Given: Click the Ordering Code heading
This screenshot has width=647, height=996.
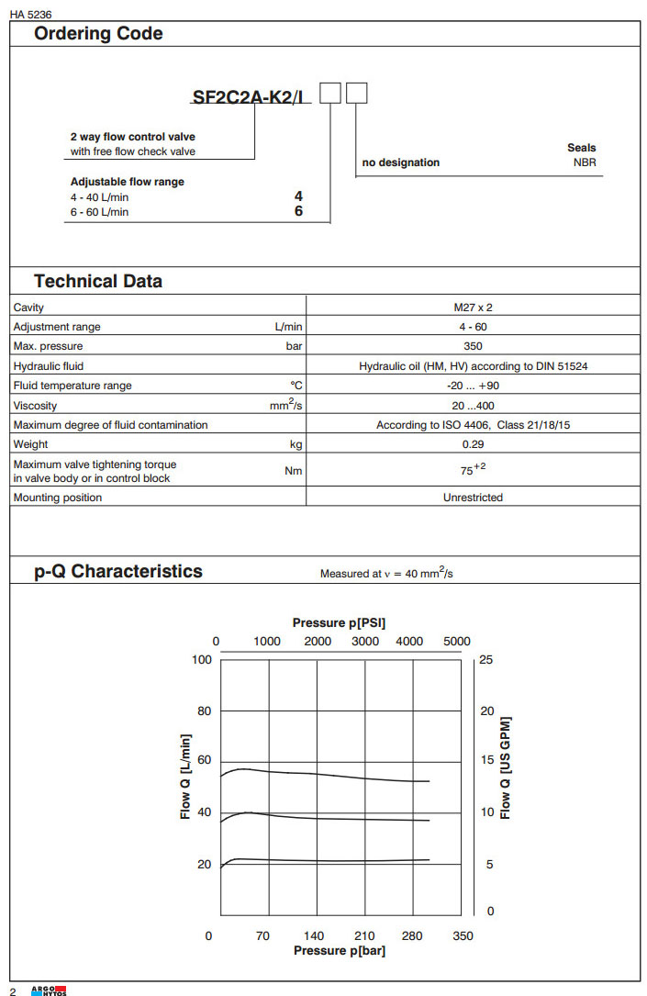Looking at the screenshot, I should pos(98,34).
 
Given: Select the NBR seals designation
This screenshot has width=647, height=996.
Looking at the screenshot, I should pos(585,162).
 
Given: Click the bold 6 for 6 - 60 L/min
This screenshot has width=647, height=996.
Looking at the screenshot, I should pos(298,212).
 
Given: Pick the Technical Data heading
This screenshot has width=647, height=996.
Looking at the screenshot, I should pos(98,282).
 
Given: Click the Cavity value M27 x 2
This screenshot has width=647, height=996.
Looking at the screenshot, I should pos(473,308).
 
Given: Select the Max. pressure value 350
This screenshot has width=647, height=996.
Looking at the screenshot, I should pos(473,346).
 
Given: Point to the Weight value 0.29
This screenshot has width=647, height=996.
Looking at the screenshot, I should pos(473,444).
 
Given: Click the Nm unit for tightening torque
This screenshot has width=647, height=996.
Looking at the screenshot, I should pos(294,471).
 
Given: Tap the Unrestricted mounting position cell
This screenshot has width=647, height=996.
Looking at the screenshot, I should pos(473,498).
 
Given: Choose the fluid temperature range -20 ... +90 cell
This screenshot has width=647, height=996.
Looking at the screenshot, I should pos(473,386).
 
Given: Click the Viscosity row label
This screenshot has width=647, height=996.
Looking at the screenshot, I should pos(35,406).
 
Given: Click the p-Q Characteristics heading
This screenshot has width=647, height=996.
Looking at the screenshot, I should pos(118,571).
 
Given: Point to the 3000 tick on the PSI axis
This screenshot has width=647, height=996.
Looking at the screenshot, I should pos(366,642).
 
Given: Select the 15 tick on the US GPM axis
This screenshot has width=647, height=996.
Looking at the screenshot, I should pos(486,760).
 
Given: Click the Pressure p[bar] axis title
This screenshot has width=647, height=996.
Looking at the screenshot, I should pos(340,951).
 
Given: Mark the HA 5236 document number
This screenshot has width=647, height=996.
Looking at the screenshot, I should pos(28,13).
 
